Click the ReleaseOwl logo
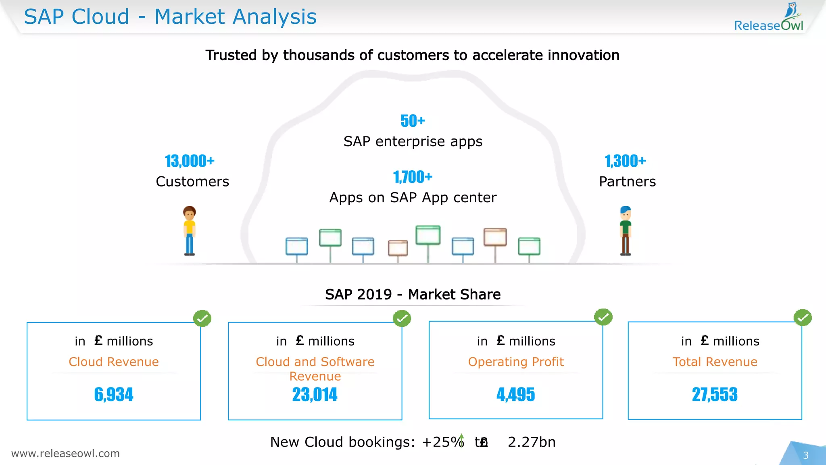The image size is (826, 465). pos(769,18)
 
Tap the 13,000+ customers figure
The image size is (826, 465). pos(190,161)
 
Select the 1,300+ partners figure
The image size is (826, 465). pos(625,161)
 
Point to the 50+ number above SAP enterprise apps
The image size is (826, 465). pos(413,121)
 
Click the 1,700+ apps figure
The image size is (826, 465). pos(413,177)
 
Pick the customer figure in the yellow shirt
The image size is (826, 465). pos(190,231)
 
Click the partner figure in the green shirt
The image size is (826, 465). pos(626,231)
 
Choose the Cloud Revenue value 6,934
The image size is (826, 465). pos(114,394)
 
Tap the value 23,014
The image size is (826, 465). pos(315,394)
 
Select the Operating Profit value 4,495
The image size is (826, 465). pos(515,394)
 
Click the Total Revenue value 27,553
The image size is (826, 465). pos(715,394)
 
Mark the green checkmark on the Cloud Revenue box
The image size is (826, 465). pos(202,318)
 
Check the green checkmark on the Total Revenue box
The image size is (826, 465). pos(803,318)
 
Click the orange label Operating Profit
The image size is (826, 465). pos(516,362)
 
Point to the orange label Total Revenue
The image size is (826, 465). pos(715,362)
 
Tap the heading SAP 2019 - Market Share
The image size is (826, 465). pos(413,294)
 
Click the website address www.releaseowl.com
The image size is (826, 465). pos(65,453)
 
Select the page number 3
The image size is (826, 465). pos(805,455)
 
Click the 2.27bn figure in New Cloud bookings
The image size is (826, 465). pos(532,442)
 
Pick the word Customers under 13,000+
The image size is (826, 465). pos(192,182)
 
